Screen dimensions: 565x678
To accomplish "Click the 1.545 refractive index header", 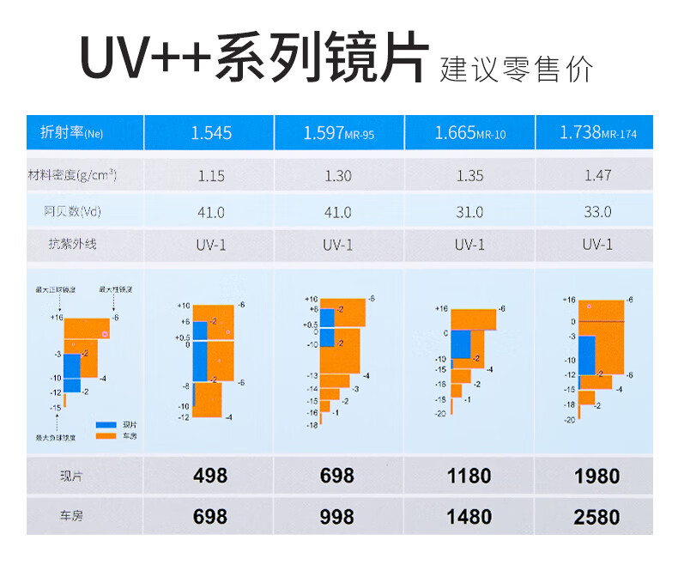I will tap(211, 133).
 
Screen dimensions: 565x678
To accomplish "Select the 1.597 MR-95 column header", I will tap(338, 133).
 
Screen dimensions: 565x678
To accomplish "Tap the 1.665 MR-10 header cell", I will tap(469, 133).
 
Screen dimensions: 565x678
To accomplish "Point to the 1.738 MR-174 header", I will tap(597, 133).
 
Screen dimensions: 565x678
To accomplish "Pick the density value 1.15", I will tap(211, 176).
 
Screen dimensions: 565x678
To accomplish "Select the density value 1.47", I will tap(597, 175).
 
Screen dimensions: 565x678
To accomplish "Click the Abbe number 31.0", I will tap(469, 211).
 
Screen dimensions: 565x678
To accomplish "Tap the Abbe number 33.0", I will tap(597, 211).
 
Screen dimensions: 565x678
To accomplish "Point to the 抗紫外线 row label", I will tap(72, 244).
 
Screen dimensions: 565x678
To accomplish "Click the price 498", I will tap(210, 476).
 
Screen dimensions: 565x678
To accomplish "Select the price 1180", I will tap(469, 476).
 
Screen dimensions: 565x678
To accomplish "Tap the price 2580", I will tap(597, 516).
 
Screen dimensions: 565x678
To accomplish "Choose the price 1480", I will tap(469, 516).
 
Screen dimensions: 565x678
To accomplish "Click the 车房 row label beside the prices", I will tap(72, 516).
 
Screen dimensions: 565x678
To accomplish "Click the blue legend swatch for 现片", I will tap(106, 425).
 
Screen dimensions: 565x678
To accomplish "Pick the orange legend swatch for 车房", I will tap(106, 435).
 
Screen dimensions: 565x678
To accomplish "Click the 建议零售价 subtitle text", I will tap(517, 70).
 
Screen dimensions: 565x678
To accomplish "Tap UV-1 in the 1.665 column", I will tap(469, 244).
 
